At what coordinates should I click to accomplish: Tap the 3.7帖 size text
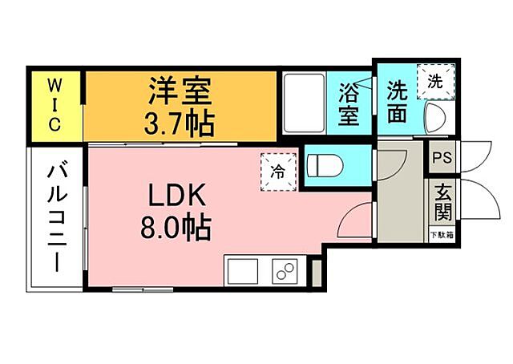(180, 123)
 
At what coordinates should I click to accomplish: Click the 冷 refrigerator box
(276, 169)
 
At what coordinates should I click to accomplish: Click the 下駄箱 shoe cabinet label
(440, 236)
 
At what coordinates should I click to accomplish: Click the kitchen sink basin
(242, 272)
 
